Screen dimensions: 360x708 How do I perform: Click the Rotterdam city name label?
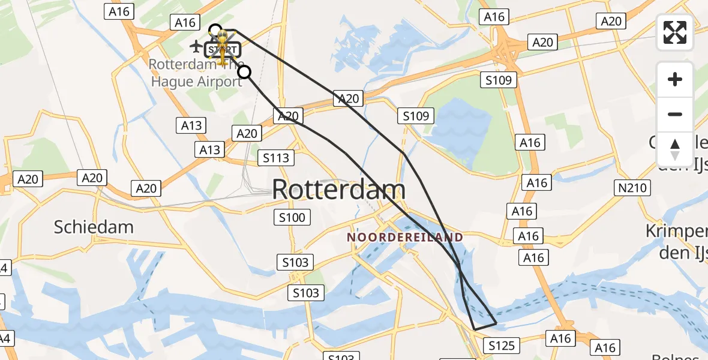point(339,190)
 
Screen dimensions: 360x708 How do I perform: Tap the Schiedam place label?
point(94,227)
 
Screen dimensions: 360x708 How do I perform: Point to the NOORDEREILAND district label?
point(406,238)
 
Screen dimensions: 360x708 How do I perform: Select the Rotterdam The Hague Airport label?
point(196,73)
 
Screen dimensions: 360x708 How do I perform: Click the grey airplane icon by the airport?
point(196,46)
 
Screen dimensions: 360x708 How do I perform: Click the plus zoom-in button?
point(675,79)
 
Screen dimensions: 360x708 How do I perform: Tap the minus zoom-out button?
point(675,114)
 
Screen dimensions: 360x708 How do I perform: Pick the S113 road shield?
point(276,158)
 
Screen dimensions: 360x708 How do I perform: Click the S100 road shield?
point(292,217)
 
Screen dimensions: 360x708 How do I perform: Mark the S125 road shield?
point(502,346)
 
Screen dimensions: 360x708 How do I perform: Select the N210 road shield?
point(632,188)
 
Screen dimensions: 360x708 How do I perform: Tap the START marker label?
point(223,49)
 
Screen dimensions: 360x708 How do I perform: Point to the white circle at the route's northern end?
point(215,29)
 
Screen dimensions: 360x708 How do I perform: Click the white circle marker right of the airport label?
point(244,73)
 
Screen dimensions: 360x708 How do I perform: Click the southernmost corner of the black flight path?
point(475,329)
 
